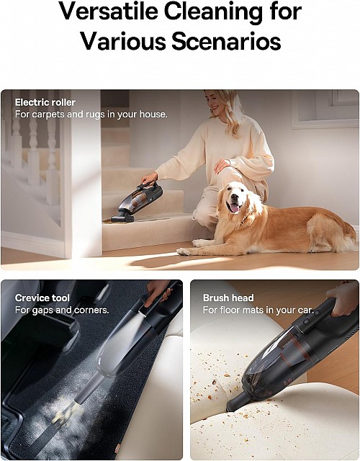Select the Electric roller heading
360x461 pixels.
pos(45,102)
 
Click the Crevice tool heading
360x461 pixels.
pos(42,298)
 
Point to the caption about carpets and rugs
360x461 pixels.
pos(91,115)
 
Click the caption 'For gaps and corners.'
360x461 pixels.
pos(62,310)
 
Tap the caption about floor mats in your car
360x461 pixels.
pos(258,310)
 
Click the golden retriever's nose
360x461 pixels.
pos(232,197)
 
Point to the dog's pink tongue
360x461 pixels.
pos(233,208)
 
